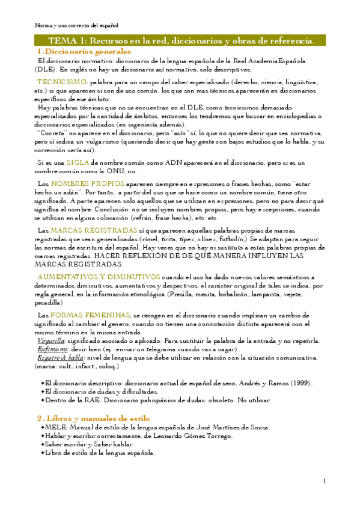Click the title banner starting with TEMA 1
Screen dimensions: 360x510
[180, 41]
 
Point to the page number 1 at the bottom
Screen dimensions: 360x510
[324, 480]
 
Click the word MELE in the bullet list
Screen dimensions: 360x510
[55, 427]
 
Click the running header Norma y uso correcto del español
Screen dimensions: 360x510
[76, 26]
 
